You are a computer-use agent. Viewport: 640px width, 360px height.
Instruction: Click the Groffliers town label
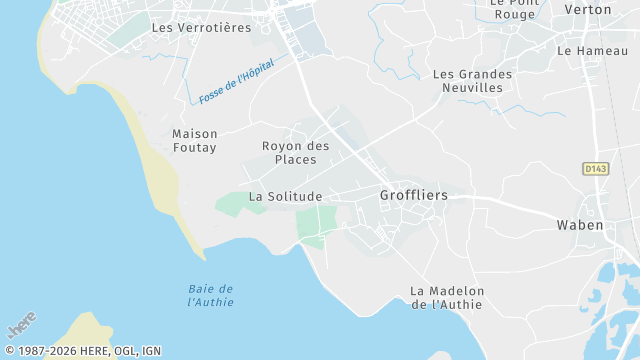tap(414, 195)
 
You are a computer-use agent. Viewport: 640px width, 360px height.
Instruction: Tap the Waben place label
tap(580, 225)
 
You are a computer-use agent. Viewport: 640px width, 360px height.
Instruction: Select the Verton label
tap(588, 9)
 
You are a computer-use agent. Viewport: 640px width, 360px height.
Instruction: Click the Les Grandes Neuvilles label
tap(472, 81)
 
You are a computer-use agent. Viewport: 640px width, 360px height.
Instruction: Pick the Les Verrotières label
tap(201, 28)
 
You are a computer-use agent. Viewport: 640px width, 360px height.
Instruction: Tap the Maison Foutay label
tap(194, 140)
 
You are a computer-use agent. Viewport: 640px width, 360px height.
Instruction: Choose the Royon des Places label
tap(295, 153)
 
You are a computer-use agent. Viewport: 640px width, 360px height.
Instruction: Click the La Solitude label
tap(285, 197)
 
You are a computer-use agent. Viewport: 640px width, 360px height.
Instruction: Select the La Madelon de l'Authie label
tap(447, 297)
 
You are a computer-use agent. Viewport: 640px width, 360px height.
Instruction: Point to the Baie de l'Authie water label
tap(211, 295)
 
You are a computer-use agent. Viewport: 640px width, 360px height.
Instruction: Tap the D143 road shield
tap(595, 169)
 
